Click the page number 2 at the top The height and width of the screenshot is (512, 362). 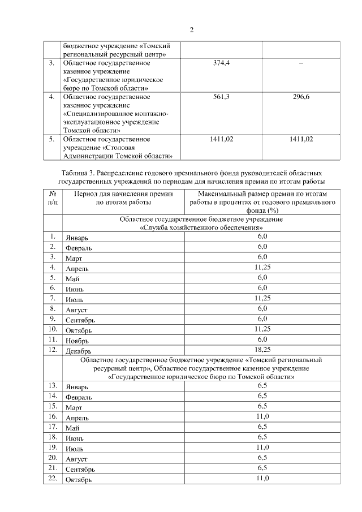pyautogui.click(x=191, y=30)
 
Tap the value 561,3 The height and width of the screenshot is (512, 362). pyautogui.click(x=221, y=97)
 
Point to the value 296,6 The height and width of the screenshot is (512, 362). pyautogui.click(x=301, y=97)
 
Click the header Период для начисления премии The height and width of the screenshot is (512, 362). pyautogui.click(x=123, y=193)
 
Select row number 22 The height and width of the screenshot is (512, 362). pyautogui.click(x=53, y=479)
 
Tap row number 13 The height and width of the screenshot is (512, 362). pyautogui.click(x=53, y=385)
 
